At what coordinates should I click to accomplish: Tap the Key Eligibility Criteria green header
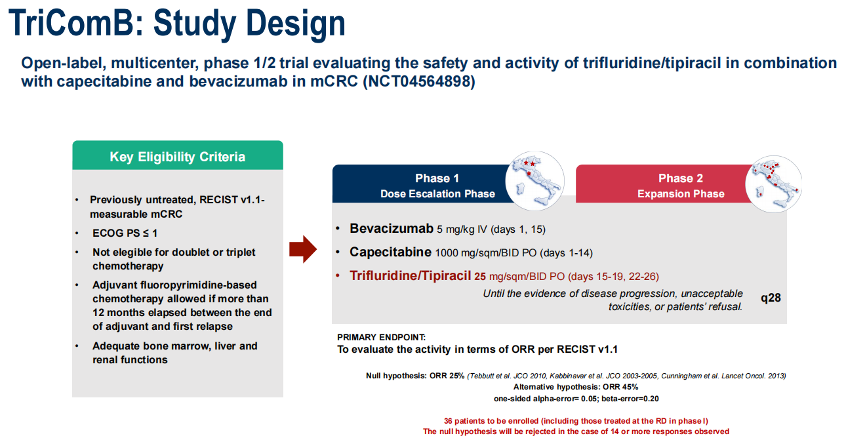[x=178, y=155]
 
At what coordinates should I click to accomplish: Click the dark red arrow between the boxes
[x=303, y=249]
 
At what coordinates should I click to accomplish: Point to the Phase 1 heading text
[x=437, y=178]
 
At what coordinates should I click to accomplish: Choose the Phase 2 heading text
[x=681, y=178]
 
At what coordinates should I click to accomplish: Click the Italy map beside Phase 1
[x=534, y=181]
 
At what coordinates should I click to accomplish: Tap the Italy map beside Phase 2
[x=773, y=184]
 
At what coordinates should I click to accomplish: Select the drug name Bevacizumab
[x=392, y=228]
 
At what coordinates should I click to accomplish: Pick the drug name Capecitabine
[x=390, y=252]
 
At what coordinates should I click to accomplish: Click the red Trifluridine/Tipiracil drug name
[x=410, y=275]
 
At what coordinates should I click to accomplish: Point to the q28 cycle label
[x=771, y=298]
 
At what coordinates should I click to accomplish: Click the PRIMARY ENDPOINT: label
[x=381, y=337]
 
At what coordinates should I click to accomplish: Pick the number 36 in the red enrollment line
[x=448, y=421]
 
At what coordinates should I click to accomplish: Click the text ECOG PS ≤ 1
[x=125, y=233]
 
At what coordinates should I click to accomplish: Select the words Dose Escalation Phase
[x=437, y=193]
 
